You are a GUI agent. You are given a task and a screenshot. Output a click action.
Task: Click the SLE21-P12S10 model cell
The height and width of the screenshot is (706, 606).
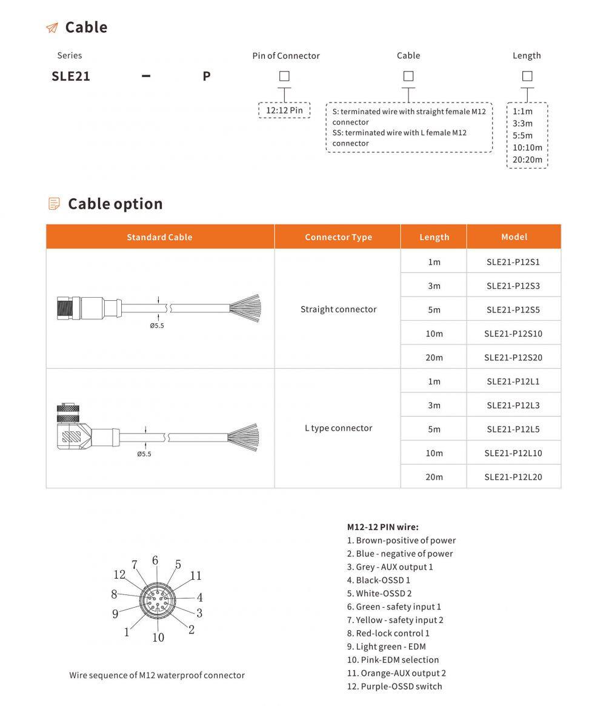(x=513, y=334)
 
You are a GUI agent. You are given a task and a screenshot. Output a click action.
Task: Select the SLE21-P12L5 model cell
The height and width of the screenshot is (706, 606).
(x=513, y=429)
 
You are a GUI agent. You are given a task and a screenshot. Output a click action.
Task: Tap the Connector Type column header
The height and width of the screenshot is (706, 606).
(x=338, y=237)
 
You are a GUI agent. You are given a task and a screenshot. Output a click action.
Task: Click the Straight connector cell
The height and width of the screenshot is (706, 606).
(x=338, y=309)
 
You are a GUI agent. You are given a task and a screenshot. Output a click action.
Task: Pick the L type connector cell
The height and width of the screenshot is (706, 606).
(x=338, y=428)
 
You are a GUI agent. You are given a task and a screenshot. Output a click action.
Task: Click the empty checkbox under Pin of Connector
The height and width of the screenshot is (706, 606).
(x=284, y=76)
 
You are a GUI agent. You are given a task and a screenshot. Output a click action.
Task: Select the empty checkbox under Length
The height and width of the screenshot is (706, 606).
(x=527, y=76)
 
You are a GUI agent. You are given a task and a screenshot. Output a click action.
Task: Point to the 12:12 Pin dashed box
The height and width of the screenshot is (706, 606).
(x=284, y=110)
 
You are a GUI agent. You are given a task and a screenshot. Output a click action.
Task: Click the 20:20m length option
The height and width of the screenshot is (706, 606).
(x=527, y=160)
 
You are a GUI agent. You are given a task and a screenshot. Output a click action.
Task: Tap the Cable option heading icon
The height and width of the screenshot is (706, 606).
(x=54, y=204)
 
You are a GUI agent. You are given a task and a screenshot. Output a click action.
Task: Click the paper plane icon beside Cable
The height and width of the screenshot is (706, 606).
(x=52, y=28)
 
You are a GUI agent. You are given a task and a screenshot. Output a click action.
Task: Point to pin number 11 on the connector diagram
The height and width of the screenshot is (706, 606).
(x=196, y=576)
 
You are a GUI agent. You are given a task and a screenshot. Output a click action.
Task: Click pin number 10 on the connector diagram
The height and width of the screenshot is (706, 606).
(x=158, y=637)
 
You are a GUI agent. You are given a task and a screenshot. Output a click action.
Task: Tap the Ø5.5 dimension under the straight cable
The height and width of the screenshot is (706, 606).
(x=157, y=325)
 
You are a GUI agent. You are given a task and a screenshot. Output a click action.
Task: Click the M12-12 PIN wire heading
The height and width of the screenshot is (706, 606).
(x=382, y=527)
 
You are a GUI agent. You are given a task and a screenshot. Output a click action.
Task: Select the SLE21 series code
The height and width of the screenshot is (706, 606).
(x=71, y=77)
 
